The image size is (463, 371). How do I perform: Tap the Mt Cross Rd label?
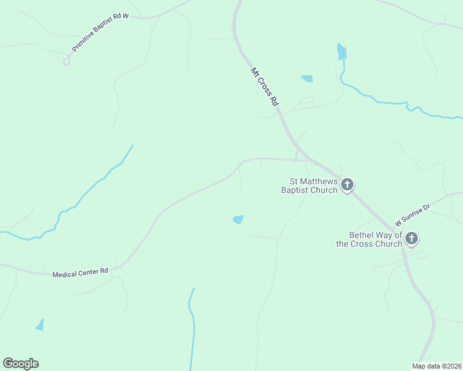click(264, 87)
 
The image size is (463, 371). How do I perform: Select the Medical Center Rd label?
click(80, 272)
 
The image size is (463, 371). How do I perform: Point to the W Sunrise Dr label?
click(412, 212)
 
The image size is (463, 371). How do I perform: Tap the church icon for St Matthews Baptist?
click(348, 184)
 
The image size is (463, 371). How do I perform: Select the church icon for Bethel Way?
click(412, 239)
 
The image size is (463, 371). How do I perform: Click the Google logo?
click(20, 364)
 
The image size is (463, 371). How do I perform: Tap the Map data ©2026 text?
click(436, 366)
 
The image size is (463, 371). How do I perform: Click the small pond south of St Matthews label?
click(238, 220)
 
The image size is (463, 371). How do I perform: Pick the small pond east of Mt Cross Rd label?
click(306, 79)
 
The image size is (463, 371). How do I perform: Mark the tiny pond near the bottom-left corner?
click(40, 325)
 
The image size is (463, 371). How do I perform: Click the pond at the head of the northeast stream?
click(342, 52)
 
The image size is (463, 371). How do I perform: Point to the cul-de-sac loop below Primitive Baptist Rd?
click(66, 61)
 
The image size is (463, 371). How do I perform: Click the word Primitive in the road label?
click(82, 42)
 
